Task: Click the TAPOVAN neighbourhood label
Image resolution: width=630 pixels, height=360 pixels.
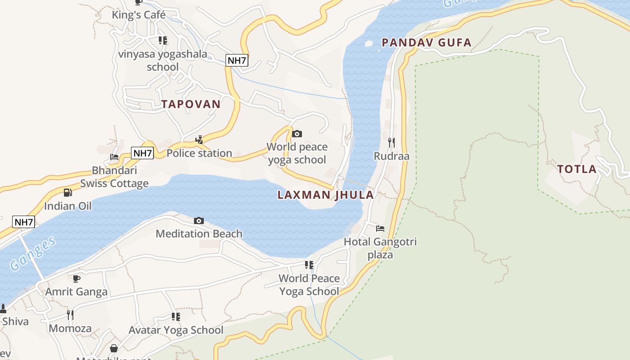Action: pos(191,104)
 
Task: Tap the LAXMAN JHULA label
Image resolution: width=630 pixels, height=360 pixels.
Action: pos(325,195)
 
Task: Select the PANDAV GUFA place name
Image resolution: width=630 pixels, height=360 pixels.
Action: pos(426,43)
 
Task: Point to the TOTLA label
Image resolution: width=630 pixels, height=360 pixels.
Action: pos(577,169)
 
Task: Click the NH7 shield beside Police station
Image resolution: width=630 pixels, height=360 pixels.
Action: pos(143,153)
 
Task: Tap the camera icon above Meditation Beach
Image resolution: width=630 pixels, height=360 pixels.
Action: pos(198,220)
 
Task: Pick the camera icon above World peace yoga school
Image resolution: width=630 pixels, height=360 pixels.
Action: pos(297,134)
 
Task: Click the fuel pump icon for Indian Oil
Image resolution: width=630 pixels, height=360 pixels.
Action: pos(67,193)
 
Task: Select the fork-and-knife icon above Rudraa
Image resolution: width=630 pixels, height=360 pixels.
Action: pos(391,143)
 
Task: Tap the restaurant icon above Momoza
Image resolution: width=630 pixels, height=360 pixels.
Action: pos(70,315)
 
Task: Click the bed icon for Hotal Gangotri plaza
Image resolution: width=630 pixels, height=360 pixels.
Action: pos(380,229)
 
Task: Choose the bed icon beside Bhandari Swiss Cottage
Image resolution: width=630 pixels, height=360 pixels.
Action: pos(114,157)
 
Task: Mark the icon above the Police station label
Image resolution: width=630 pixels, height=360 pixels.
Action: pos(199,140)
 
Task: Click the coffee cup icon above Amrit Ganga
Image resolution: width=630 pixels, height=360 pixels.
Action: pos(76,279)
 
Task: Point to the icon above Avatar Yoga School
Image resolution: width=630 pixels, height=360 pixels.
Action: pos(175,317)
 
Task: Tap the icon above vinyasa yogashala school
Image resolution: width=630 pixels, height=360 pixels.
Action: pos(162,40)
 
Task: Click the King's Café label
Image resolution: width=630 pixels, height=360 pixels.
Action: pos(139,15)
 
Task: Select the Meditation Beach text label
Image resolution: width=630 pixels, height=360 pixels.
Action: pos(199,234)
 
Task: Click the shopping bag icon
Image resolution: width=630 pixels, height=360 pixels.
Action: pos(114,349)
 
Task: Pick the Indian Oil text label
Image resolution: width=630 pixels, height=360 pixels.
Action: pos(67,206)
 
